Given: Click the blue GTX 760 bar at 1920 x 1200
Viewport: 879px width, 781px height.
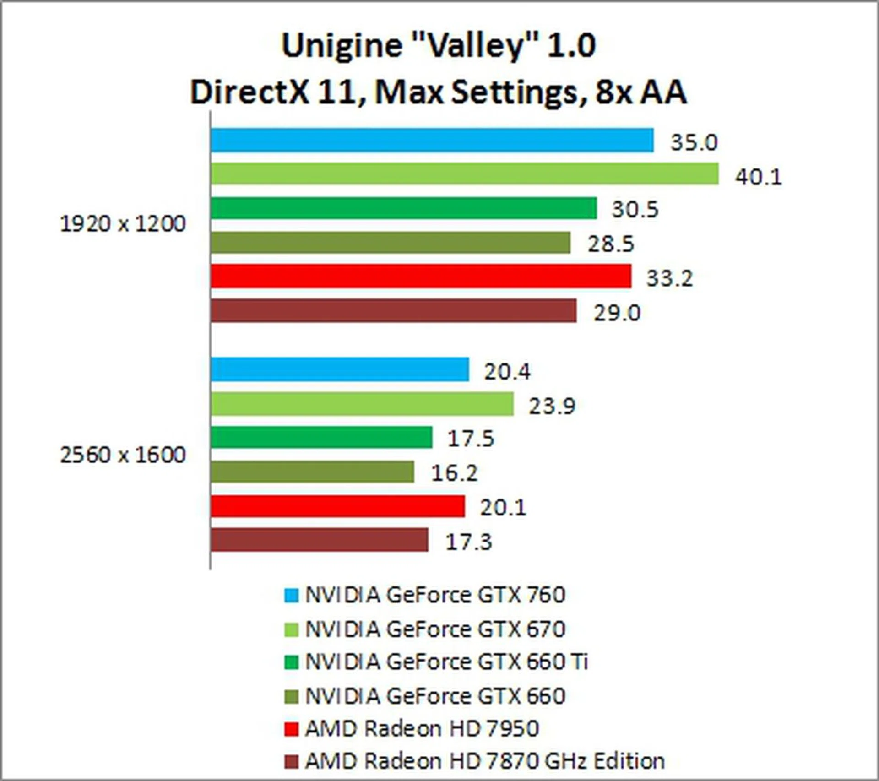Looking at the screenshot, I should coord(432,140).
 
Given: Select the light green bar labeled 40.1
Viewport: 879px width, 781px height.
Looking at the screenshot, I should coord(465,174).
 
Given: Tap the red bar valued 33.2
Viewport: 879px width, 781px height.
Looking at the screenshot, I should coord(421,276).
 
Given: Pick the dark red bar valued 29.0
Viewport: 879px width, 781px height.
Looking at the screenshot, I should coord(394,311).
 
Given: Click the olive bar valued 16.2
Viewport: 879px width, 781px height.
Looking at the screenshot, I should coord(313,472).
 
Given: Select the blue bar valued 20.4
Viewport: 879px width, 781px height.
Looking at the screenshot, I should coord(340,369).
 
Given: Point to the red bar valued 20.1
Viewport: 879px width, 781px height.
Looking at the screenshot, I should coord(338,506).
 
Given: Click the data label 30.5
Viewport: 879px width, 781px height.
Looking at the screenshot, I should coord(635,210).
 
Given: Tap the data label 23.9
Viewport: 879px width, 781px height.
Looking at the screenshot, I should coord(552,406).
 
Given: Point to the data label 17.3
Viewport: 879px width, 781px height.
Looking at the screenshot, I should coord(468,542).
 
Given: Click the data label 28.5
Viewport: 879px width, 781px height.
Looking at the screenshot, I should coord(611,244).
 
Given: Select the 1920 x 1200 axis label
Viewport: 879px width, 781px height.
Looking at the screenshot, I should coord(123,224).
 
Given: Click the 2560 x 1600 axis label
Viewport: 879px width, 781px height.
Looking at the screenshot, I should coord(123,455).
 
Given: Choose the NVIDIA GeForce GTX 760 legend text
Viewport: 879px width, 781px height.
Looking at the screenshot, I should coord(435,595).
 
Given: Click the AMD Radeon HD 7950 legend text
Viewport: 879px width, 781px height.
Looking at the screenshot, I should coord(422,729).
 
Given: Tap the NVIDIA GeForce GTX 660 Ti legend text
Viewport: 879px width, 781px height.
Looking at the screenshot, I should coord(446,662).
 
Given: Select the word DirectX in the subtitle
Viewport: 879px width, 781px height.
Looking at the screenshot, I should coord(250,92).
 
